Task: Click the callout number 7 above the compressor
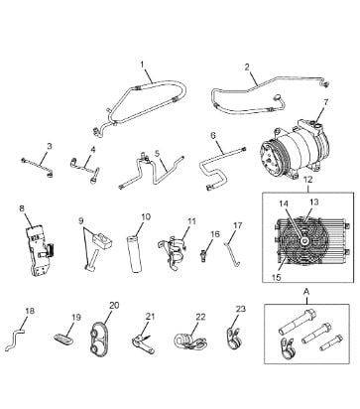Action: click(x=326, y=102)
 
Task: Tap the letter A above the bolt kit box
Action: click(x=306, y=292)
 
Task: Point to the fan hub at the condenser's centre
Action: click(x=303, y=241)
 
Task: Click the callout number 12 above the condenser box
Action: click(x=307, y=180)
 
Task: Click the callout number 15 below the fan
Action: click(x=277, y=277)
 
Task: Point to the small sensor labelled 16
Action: click(x=204, y=254)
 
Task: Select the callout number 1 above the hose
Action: click(x=143, y=64)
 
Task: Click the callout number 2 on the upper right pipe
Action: click(x=247, y=68)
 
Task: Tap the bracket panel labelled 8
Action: click(x=40, y=249)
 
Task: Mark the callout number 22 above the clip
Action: click(x=200, y=317)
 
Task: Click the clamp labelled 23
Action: click(x=235, y=338)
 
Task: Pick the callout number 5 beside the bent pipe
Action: click(x=157, y=154)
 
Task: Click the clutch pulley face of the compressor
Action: click(x=271, y=158)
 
